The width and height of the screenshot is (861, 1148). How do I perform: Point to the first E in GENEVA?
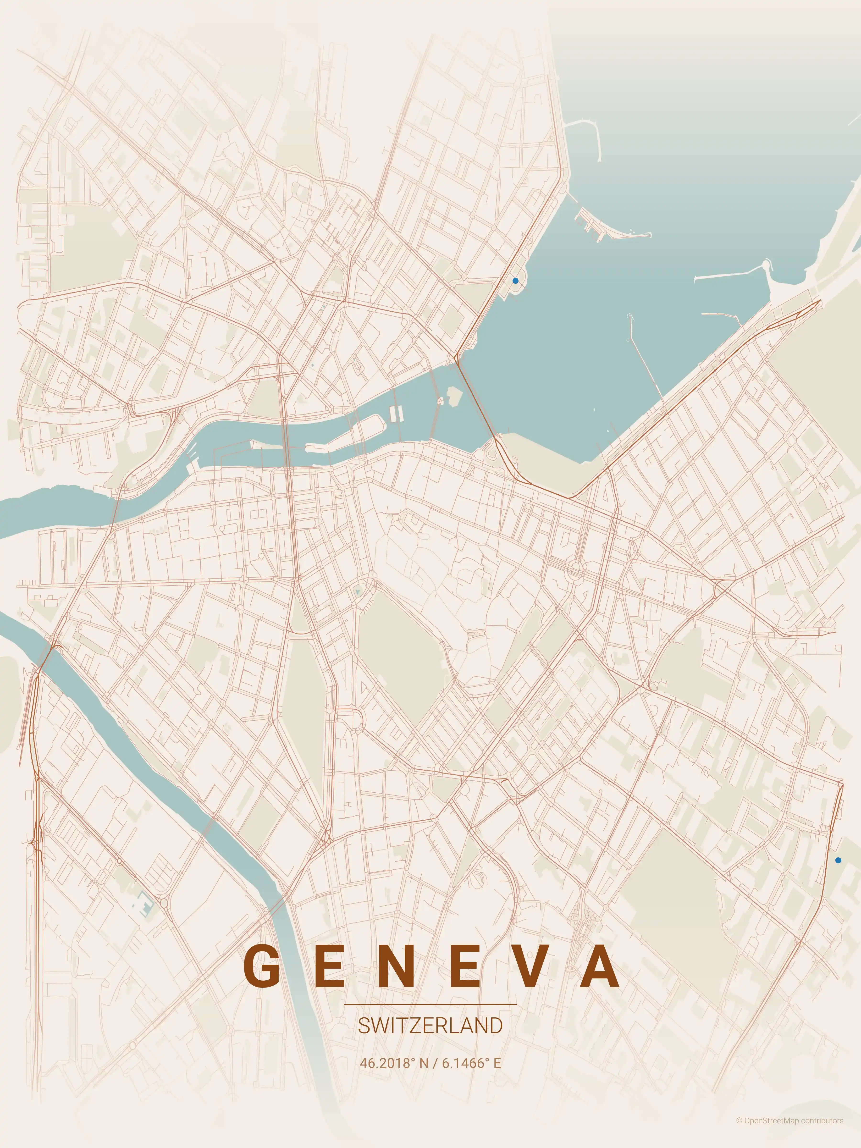[330, 966]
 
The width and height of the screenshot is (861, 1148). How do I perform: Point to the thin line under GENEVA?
[430, 1004]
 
